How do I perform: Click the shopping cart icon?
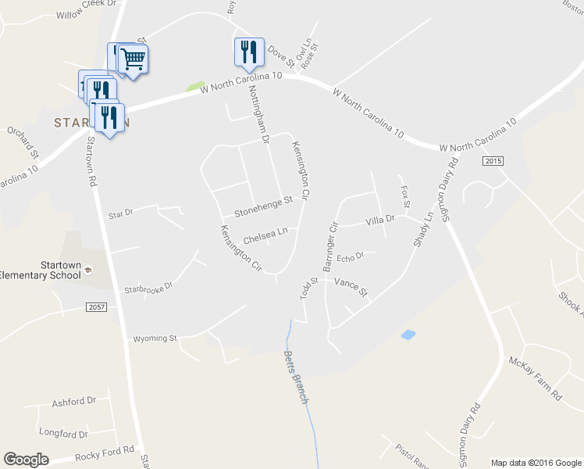coord(134,58)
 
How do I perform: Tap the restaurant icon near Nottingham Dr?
coord(249,52)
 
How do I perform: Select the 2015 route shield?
coord(492,161)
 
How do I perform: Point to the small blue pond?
coord(408,335)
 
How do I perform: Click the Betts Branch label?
coord(296,378)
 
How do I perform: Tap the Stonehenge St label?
coord(263,205)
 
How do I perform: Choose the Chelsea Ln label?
coord(265,234)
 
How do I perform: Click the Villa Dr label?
coord(380,220)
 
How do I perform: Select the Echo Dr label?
coord(351,257)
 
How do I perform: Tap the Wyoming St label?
coord(155,338)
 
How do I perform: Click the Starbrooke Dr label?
coord(148,288)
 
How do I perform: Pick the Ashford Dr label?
coord(73,402)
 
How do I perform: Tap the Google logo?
coord(27,460)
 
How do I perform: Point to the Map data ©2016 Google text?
coord(535,463)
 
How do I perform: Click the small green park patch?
coord(195,86)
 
